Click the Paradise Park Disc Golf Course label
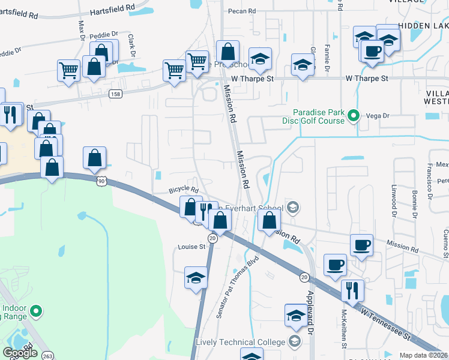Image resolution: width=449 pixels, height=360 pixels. (x=318, y=116)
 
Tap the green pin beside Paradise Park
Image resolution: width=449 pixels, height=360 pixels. (x=354, y=116)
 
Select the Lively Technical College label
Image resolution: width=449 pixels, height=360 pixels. (x=240, y=342)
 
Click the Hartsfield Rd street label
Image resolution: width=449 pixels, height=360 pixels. (x=115, y=11)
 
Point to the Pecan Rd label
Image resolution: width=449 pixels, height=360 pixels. (x=242, y=11)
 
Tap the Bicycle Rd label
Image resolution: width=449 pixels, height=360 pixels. (x=183, y=190)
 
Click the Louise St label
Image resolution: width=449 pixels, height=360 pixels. (x=191, y=247)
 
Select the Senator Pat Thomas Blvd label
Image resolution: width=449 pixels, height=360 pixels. (x=237, y=287)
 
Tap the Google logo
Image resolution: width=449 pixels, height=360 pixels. (x=20, y=352)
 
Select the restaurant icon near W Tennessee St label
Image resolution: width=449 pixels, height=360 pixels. (x=352, y=291)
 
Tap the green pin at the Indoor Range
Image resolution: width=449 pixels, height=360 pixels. (x=36, y=311)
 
